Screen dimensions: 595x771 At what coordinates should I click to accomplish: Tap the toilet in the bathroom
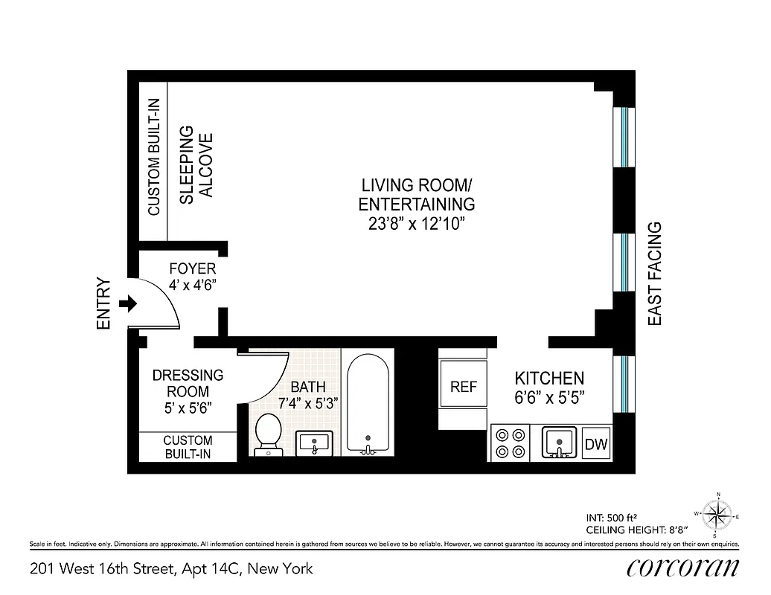267,434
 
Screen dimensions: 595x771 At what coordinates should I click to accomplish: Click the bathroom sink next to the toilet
314,443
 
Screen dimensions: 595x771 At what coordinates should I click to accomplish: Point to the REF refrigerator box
463,387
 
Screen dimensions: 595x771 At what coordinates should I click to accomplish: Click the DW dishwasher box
596,445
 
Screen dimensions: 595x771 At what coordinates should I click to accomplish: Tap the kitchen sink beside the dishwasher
558,443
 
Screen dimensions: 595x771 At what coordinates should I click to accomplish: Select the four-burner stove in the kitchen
509,443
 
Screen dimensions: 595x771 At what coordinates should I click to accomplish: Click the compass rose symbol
717,514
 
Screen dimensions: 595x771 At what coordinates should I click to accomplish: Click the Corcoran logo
682,567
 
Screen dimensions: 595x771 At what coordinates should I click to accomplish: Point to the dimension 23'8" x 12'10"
417,225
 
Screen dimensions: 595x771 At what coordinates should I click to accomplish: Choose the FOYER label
193,268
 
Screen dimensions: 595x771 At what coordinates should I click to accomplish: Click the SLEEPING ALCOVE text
196,165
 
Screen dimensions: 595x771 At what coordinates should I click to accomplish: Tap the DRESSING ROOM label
188,384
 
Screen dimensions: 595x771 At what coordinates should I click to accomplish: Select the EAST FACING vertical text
655,274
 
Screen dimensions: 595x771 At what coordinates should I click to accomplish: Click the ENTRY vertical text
103,303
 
